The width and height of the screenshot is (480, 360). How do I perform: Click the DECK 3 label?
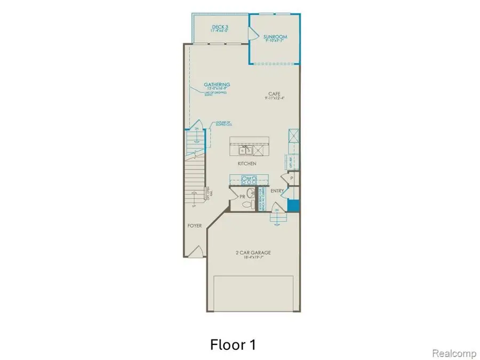(x=219, y=26)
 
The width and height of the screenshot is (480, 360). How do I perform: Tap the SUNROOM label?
(x=275, y=37)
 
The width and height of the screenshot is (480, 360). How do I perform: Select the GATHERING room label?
(x=217, y=84)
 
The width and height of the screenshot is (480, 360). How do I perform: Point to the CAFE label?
(x=274, y=94)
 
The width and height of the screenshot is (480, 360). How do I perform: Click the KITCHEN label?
(x=247, y=163)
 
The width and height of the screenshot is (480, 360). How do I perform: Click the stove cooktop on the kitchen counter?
(x=249, y=179)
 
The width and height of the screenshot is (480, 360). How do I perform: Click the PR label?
(x=242, y=197)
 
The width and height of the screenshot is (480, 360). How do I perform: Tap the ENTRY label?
(x=277, y=191)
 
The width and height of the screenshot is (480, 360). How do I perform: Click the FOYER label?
(x=194, y=226)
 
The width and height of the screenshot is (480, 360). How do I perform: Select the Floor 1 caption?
(x=233, y=345)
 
